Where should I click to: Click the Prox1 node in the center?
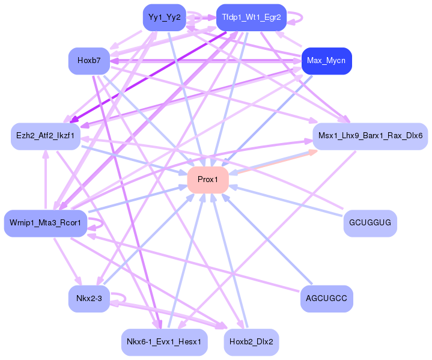click(x=208, y=180)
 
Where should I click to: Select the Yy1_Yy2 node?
click(x=164, y=17)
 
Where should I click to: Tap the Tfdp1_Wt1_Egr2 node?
click(x=251, y=17)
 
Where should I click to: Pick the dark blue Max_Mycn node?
click(x=326, y=61)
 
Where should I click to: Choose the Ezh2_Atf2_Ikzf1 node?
click(x=45, y=136)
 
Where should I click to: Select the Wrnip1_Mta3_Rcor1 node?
click(x=46, y=224)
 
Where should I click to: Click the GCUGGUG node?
click(x=370, y=224)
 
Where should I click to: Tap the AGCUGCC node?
click(x=326, y=299)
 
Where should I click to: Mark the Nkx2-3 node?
click(x=89, y=299)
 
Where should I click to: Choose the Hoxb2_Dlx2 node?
click(x=251, y=342)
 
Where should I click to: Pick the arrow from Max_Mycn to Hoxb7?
click(x=204, y=61)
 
